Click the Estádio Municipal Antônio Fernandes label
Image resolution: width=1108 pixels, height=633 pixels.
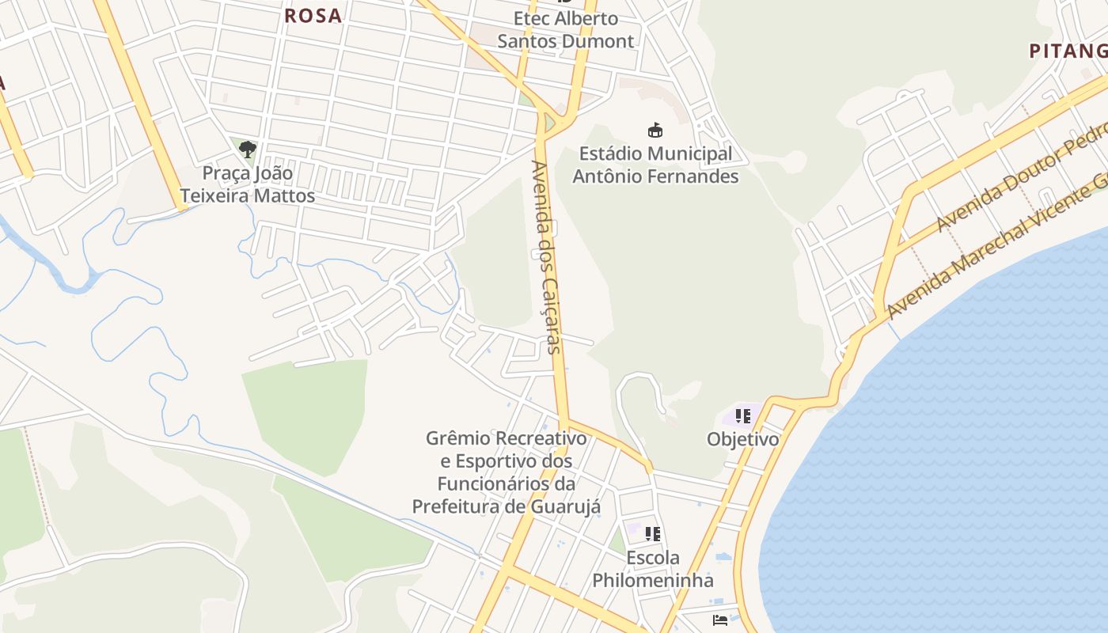[x=655, y=165]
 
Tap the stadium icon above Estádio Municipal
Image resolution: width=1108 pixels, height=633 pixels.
[x=655, y=130]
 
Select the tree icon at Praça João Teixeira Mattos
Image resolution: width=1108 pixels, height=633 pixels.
[x=248, y=148]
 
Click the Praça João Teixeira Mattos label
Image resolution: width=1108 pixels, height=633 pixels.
[x=248, y=184]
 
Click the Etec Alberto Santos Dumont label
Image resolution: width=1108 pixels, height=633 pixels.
[x=566, y=29]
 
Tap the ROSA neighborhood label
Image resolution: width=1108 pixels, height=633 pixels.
[x=313, y=15]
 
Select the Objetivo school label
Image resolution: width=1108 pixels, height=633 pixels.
[x=742, y=439]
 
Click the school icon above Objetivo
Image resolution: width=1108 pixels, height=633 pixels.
[x=742, y=415]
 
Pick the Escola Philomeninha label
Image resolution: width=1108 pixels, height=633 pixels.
[x=653, y=569]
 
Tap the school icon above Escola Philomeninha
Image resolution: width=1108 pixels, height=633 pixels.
[x=652, y=534]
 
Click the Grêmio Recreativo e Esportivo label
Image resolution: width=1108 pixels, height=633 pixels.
[x=507, y=472]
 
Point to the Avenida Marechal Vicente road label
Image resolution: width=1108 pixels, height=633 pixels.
[x=996, y=247]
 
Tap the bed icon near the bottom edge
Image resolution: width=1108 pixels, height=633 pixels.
[x=720, y=620]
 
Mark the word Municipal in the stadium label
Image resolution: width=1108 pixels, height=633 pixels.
[x=689, y=154]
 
